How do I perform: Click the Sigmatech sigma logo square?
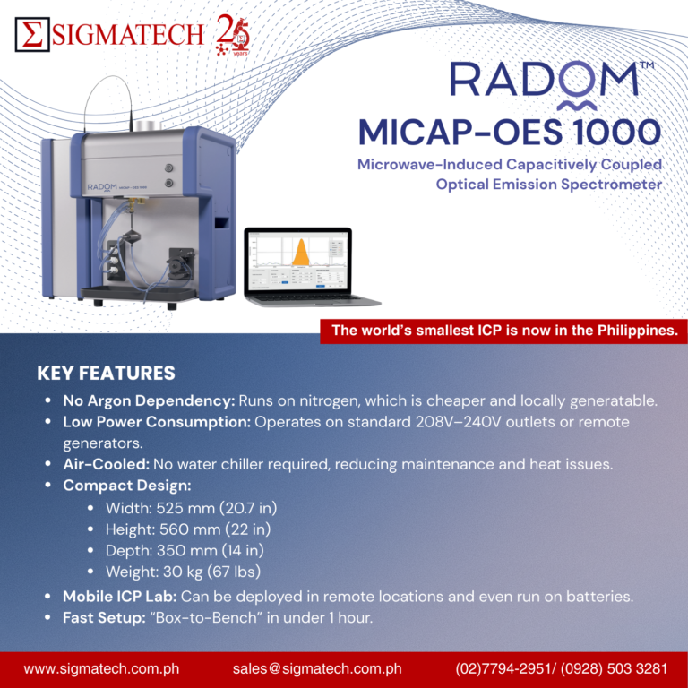click(33, 34)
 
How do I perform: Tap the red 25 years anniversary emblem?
click(234, 36)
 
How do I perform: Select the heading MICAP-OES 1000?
click(509, 132)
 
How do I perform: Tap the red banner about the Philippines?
click(503, 331)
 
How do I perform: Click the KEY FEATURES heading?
click(106, 373)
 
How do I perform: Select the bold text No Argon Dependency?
click(149, 399)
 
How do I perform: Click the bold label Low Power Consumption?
click(157, 421)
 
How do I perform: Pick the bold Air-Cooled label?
click(106, 464)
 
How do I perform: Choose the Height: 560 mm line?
click(187, 529)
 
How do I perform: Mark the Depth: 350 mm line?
click(184, 550)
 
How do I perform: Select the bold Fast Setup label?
click(104, 617)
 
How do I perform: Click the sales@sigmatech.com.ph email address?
click(316, 668)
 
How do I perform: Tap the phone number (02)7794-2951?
click(500, 668)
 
